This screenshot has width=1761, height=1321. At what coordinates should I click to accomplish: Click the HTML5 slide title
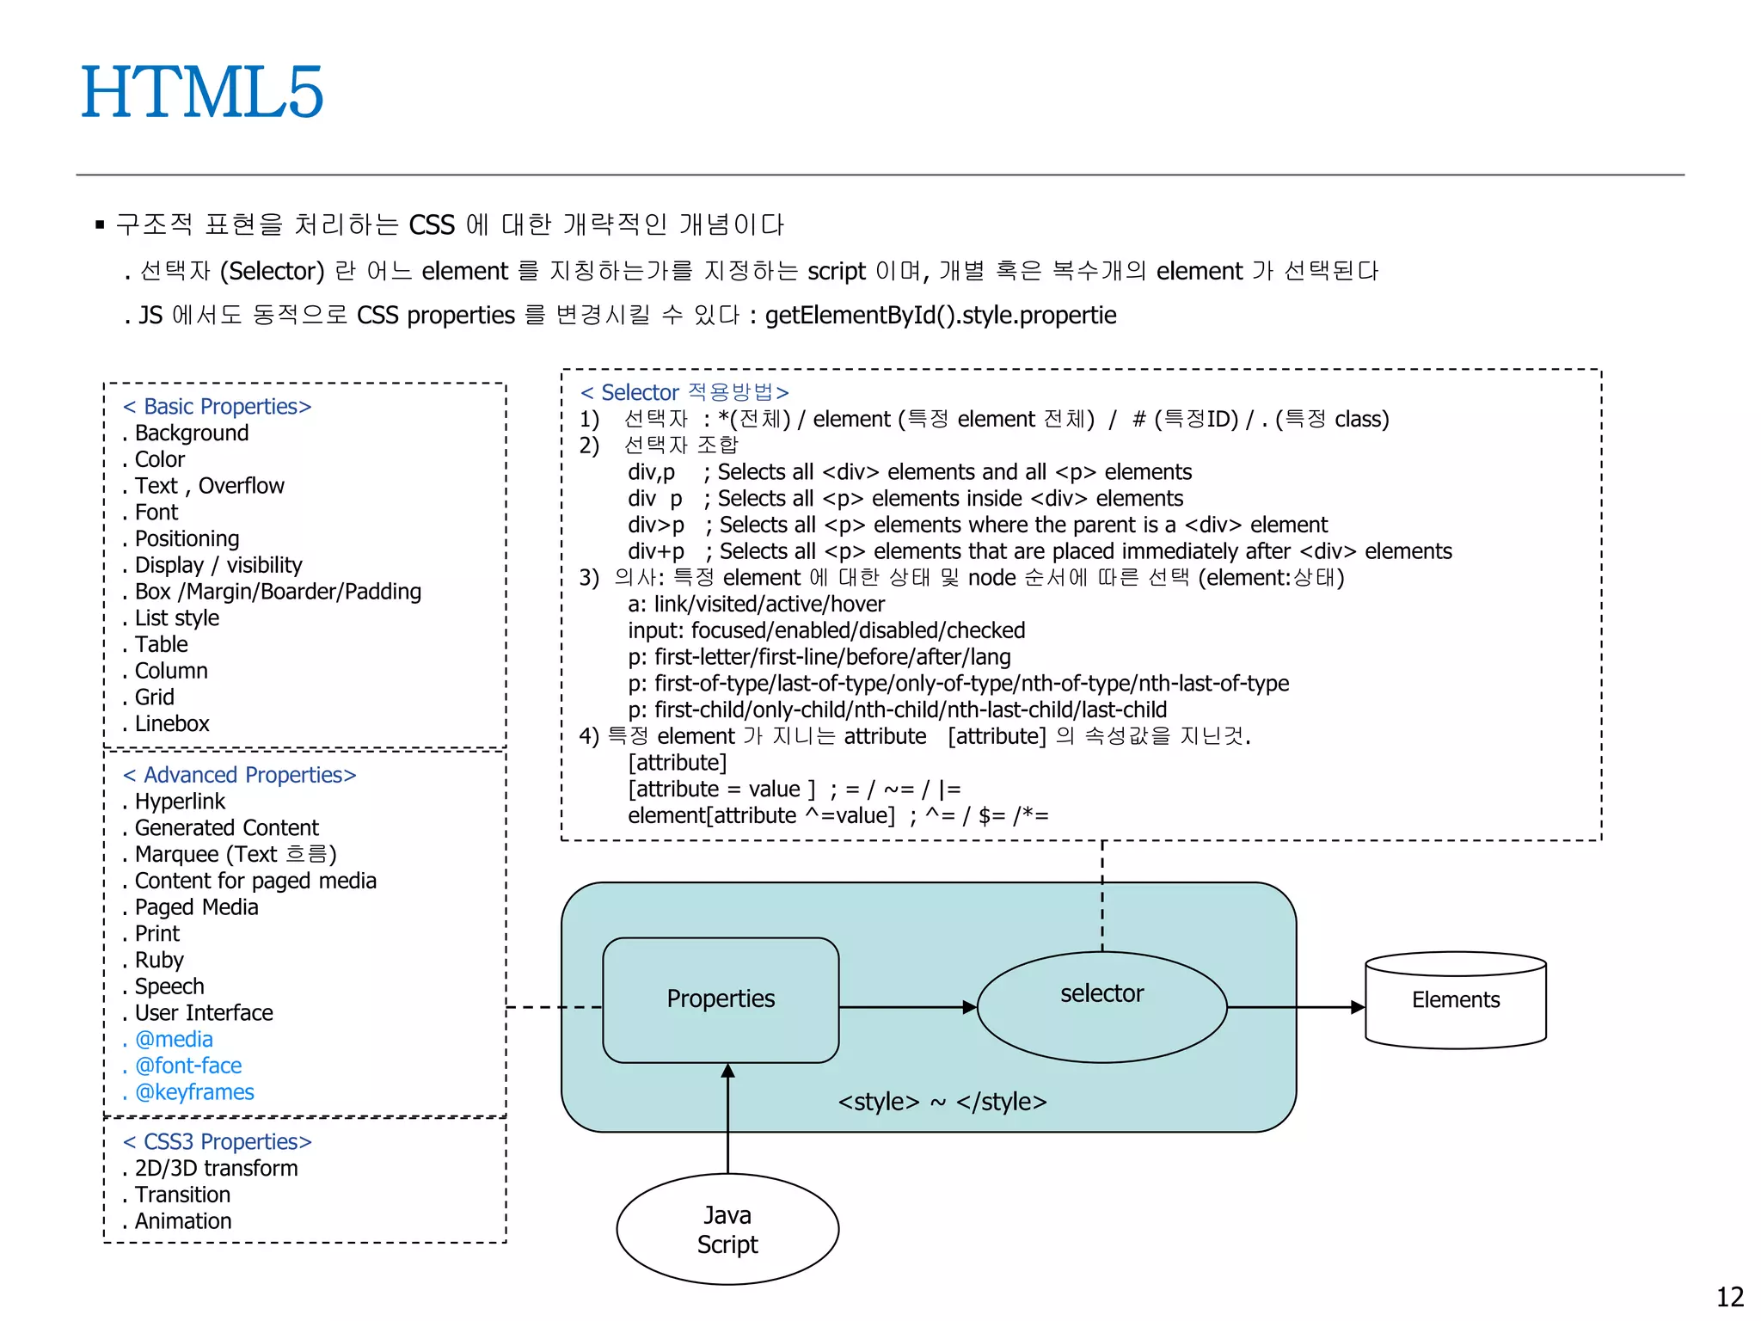click(x=202, y=93)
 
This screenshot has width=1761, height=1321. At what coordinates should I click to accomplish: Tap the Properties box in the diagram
click(x=721, y=999)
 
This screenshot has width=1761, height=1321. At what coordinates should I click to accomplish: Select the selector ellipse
click(x=1101, y=1006)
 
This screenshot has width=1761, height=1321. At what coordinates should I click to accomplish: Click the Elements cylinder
click(x=1455, y=1000)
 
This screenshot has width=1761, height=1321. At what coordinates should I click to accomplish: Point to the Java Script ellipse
click(x=727, y=1229)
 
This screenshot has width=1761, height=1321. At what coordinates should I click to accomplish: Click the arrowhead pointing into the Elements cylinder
click(x=1357, y=1007)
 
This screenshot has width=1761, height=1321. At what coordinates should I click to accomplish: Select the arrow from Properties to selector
click(x=907, y=1007)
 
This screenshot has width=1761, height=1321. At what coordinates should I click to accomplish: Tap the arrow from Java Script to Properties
click(x=727, y=1118)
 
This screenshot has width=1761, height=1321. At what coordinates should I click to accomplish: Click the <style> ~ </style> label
click(x=942, y=1102)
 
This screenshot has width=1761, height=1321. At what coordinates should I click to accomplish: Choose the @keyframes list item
click(x=194, y=1092)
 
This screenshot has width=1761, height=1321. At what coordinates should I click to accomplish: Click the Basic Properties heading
click(x=218, y=407)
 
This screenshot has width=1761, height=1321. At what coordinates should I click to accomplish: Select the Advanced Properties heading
click(x=240, y=776)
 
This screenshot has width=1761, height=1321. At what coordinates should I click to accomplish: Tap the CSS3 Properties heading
click(x=218, y=1142)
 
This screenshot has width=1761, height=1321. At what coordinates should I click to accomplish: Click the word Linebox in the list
click(x=172, y=724)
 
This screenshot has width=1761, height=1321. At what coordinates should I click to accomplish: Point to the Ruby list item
click(x=159, y=961)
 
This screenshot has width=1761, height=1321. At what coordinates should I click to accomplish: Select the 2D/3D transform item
click(x=216, y=1169)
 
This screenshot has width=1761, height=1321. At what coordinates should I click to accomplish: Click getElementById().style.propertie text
click(x=941, y=316)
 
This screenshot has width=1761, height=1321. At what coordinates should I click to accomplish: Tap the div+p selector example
click(x=656, y=551)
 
